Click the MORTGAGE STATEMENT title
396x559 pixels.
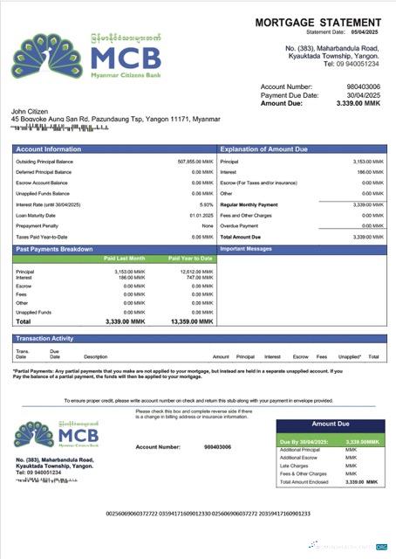(x=321, y=21)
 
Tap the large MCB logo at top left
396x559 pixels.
(x=87, y=56)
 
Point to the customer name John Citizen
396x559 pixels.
(x=31, y=111)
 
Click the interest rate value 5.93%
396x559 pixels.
(x=206, y=204)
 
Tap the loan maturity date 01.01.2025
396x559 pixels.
(x=201, y=215)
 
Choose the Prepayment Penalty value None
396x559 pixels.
(x=207, y=225)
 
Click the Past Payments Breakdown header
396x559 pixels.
(x=53, y=249)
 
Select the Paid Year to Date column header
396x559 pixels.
(x=189, y=259)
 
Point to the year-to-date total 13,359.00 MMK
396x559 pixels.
(x=191, y=321)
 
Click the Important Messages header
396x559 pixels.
(x=253, y=249)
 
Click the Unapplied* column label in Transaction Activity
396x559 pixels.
(x=350, y=356)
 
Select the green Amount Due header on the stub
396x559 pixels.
(x=331, y=424)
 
